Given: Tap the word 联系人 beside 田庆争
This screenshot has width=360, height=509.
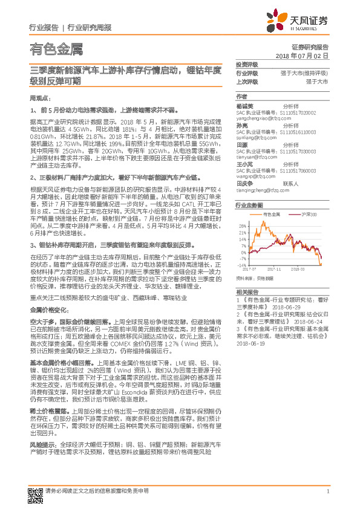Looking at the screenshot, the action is point(292,183).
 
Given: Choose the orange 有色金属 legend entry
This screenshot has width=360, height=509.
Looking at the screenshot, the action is point(270,214).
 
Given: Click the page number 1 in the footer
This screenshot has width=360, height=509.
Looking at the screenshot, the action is point(327,491).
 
